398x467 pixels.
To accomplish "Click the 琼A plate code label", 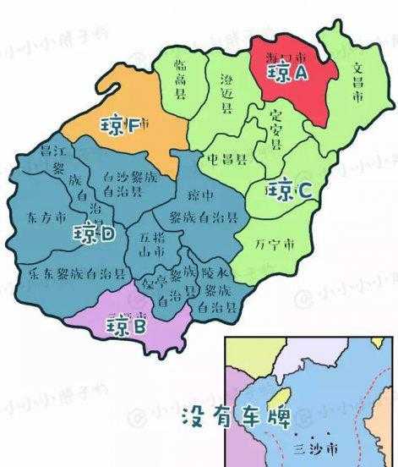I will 287,74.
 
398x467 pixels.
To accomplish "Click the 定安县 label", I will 274,129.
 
